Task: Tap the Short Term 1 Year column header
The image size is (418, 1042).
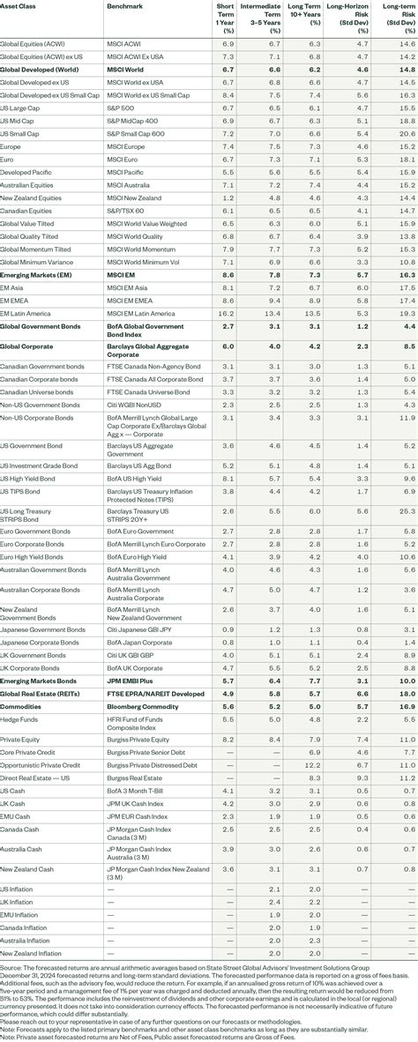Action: [226, 15]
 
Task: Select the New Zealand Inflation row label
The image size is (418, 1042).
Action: [31, 953]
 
